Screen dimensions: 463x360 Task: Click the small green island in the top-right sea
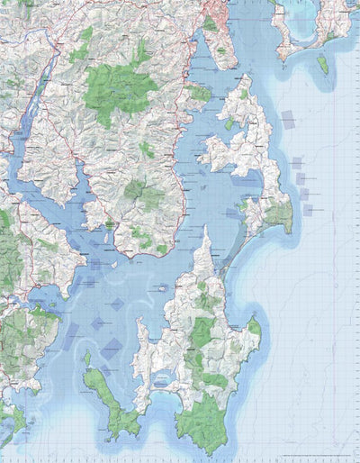pyautogui.click(x=322, y=64)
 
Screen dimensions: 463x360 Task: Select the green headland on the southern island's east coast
pyautogui.click(x=254, y=329)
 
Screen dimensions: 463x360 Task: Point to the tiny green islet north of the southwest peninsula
pyautogui.click(x=87, y=359)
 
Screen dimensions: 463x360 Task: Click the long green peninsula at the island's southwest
pyautogui.click(x=108, y=396)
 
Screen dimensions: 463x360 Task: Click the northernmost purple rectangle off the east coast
pyautogui.click(x=288, y=119)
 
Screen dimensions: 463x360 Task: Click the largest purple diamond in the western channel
pyautogui.click(x=111, y=349)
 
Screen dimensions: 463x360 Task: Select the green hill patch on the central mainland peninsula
pyautogui.click(x=137, y=191)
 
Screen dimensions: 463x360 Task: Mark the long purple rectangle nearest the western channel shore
pyautogui.click(x=72, y=336)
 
